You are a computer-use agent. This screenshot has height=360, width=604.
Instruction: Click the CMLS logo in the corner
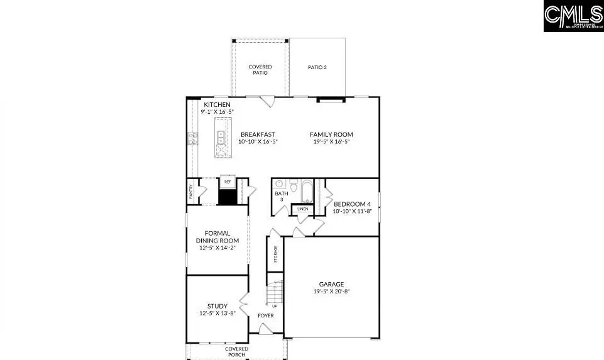[x=573, y=16]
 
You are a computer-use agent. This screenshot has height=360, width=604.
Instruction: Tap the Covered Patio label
[x=260, y=70]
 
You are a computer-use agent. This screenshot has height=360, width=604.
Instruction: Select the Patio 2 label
[x=317, y=67]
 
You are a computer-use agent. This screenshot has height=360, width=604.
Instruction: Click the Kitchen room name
[x=217, y=104]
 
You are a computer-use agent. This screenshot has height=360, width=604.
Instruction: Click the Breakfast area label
[x=258, y=134]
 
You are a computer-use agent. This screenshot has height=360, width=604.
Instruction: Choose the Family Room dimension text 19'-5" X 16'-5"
[x=331, y=142]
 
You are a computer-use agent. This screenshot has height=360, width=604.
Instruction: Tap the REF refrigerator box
[x=227, y=182]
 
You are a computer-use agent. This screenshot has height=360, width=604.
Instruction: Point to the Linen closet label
[x=302, y=209]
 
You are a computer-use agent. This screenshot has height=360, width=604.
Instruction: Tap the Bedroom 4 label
[x=352, y=204]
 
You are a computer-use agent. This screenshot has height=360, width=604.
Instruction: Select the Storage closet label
[x=275, y=254]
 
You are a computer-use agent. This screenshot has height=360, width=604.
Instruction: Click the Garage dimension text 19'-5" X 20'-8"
[x=331, y=292]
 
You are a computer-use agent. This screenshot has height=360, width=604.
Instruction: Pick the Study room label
[x=217, y=306]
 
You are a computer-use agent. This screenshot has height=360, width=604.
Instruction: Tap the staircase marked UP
[x=275, y=295]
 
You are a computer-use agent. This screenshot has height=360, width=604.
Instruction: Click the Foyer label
[x=266, y=315]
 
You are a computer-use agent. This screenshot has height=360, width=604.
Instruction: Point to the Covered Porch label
[x=237, y=351]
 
